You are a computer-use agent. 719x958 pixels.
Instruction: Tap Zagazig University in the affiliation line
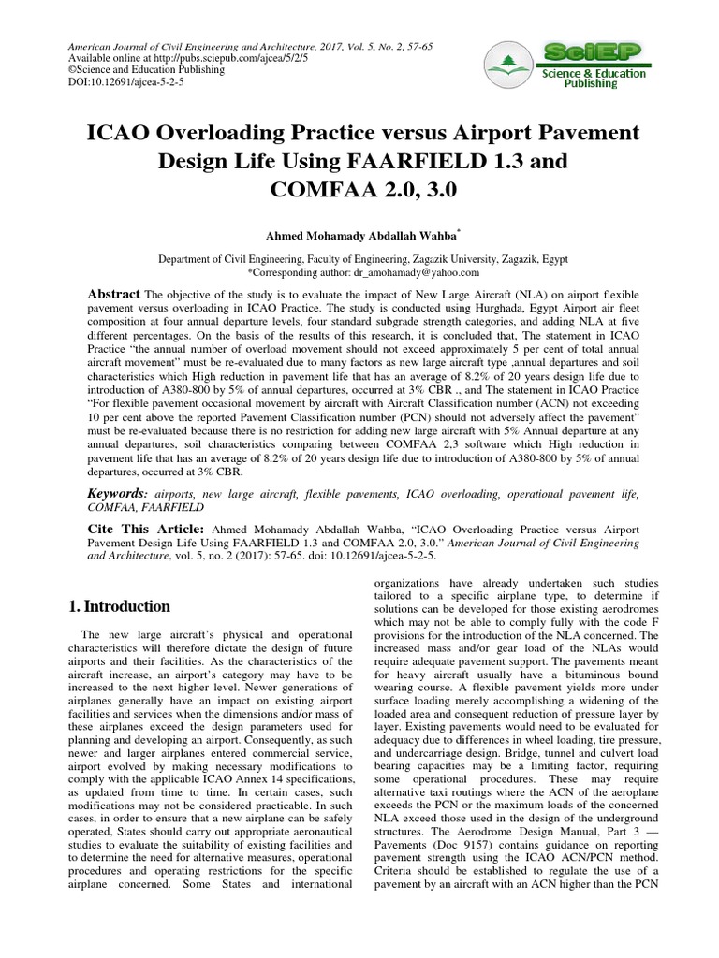(448, 258)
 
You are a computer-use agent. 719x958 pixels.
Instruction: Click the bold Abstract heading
(114, 293)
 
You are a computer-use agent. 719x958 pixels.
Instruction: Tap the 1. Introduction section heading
(119, 606)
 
